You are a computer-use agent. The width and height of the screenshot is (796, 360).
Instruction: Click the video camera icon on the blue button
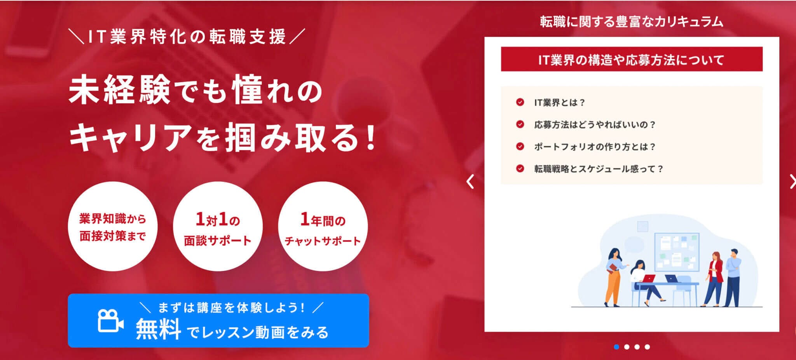(111, 321)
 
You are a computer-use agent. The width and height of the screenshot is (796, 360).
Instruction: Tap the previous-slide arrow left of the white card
(470, 182)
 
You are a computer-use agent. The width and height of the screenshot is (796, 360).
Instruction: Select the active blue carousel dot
(616, 347)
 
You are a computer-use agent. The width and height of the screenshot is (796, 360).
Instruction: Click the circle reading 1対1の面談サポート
(218, 226)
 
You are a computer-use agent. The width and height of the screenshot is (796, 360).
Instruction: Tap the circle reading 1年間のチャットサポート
(323, 226)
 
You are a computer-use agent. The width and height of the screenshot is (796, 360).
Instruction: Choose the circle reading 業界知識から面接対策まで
(113, 226)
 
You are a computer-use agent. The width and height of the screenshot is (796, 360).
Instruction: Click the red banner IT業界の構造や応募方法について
(632, 59)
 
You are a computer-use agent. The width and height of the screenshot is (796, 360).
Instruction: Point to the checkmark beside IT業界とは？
(520, 102)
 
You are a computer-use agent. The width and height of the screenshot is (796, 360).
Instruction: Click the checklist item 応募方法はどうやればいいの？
(595, 124)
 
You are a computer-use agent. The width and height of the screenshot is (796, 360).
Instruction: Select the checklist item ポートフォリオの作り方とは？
(595, 147)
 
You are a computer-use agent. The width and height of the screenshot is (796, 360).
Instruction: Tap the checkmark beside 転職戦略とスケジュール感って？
(520, 169)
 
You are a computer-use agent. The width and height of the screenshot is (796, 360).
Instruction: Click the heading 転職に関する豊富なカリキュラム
(632, 22)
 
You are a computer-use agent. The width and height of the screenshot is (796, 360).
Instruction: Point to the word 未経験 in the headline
(120, 90)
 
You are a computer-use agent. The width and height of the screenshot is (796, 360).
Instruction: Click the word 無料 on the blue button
(158, 329)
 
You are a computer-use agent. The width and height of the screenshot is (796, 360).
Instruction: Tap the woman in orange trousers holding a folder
(614, 277)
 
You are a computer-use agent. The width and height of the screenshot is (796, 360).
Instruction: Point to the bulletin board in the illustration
(677, 252)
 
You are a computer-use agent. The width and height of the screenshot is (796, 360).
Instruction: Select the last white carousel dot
(647, 347)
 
